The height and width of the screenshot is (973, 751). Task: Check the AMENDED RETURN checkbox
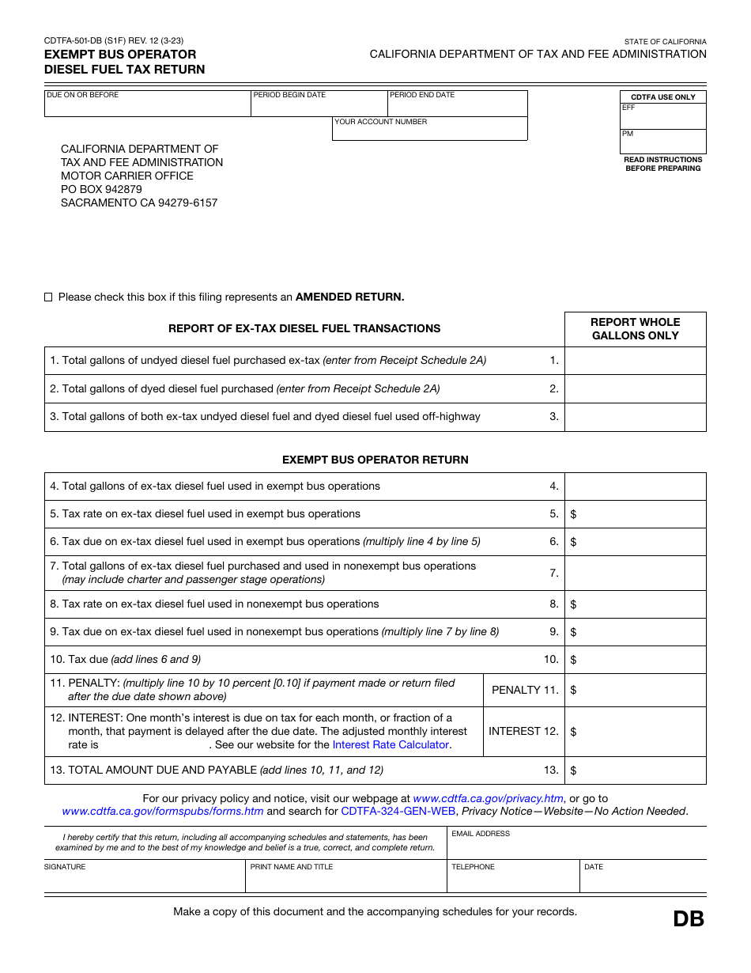pyautogui.click(x=48, y=297)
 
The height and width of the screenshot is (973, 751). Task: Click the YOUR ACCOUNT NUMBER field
pyautogui.click(x=429, y=132)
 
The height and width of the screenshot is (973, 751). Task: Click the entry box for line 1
pyautogui.click(x=635, y=361)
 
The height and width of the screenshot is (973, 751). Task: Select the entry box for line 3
pyautogui.click(x=635, y=417)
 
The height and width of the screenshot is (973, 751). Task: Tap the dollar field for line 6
pyautogui.click(x=639, y=542)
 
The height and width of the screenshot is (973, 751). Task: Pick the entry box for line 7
pyautogui.click(x=635, y=573)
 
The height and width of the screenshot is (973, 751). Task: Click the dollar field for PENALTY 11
pyautogui.click(x=639, y=691)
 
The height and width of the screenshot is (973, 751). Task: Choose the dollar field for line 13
pyautogui.click(x=639, y=770)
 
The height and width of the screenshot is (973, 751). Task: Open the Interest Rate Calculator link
pyautogui.click(x=391, y=745)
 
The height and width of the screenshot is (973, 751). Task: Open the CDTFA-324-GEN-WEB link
pyautogui.click(x=398, y=812)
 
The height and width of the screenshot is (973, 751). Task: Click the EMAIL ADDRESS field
pyautogui.click(x=576, y=846)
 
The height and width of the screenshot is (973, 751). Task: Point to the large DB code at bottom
pyautogui.click(x=688, y=918)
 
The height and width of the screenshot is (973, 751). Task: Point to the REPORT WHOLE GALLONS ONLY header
pyautogui.click(x=635, y=329)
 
